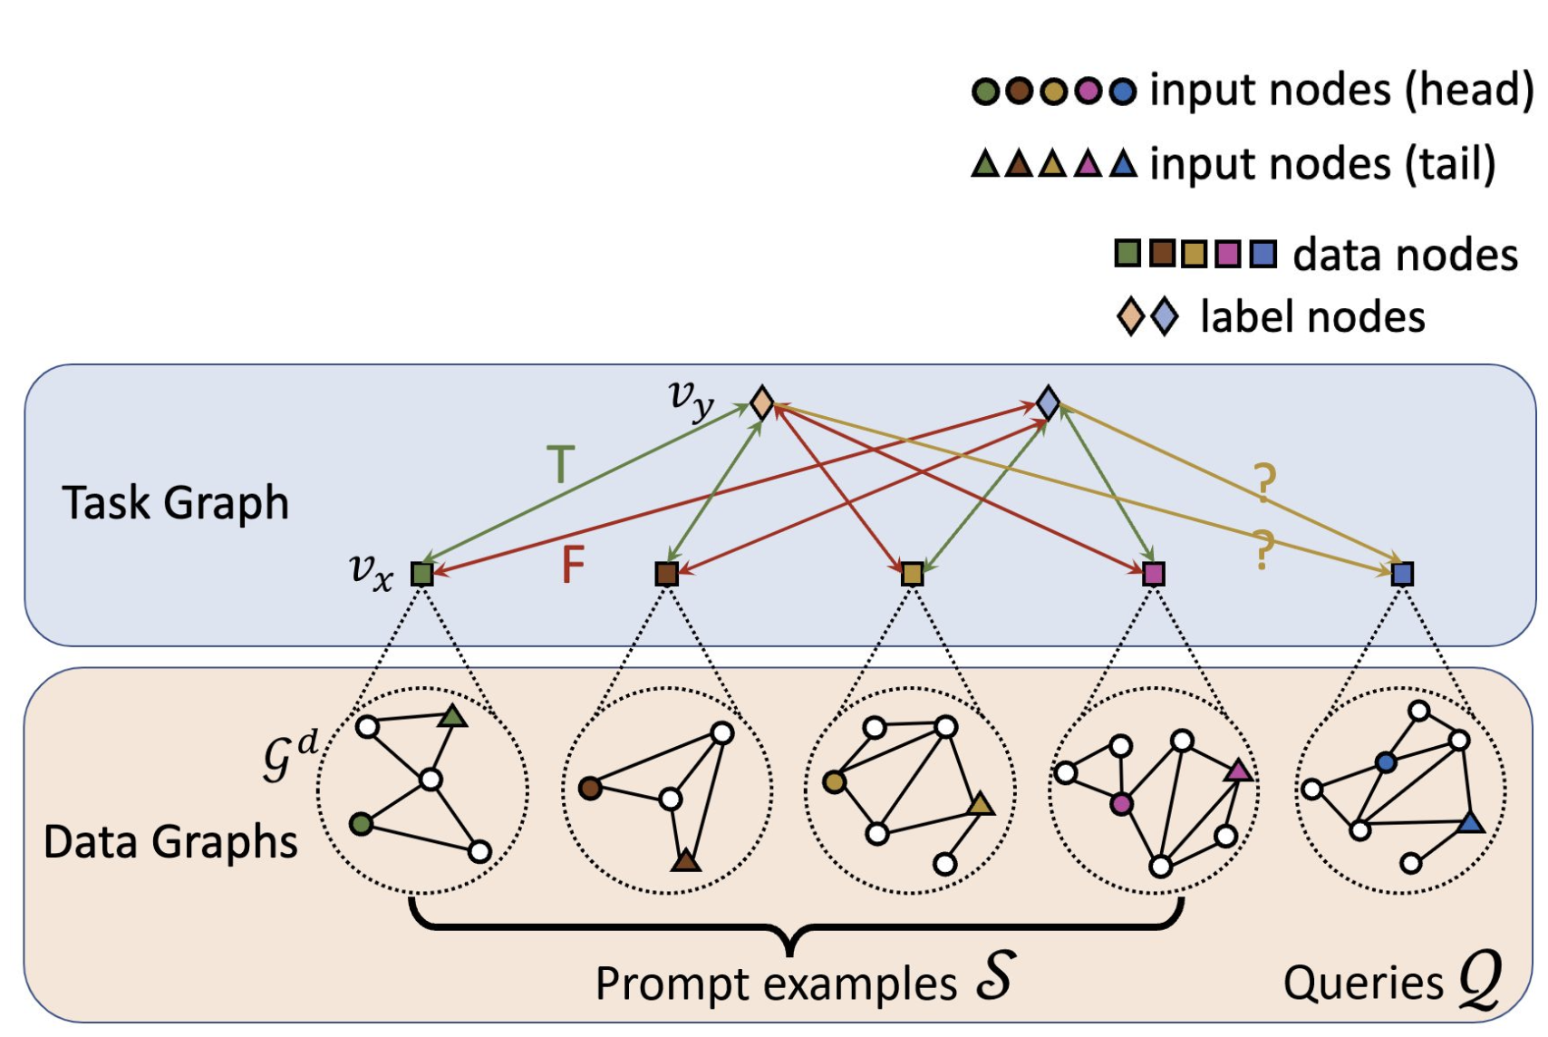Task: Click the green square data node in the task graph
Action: [x=421, y=574]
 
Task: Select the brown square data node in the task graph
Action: [x=666, y=574]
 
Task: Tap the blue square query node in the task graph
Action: [x=1402, y=574]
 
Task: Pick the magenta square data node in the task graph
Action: [x=1153, y=574]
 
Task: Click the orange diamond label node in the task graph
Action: [x=762, y=402]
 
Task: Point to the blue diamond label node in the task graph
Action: [x=1048, y=402]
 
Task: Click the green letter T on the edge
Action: [x=561, y=465]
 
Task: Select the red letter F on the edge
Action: [x=573, y=565]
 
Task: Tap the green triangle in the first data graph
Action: [x=452, y=717]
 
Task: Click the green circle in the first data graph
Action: [x=361, y=824]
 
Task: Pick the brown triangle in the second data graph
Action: [x=686, y=860]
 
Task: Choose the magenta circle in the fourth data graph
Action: [x=1121, y=803]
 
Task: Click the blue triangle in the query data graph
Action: [x=1470, y=823]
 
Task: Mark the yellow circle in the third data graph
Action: [x=834, y=781]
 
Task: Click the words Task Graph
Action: [x=175, y=503]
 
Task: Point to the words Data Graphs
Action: [x=170, y=842]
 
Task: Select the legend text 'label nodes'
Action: [x=1312, y=317]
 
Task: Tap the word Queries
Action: [x=1363, y=983]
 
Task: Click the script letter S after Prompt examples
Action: [x=994, y=977]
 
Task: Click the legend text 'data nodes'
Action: [x=1405, y=255]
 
